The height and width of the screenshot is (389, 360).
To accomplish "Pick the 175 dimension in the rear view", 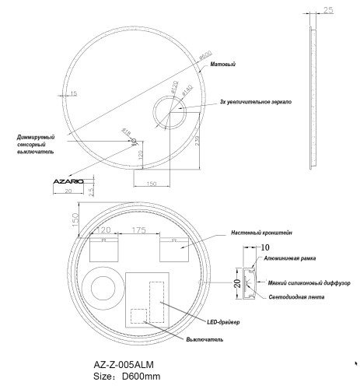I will (x=140, y=230).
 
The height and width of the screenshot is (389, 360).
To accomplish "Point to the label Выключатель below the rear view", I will (x=205, y=339).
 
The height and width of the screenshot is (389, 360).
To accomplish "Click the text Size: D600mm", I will (x=127, y=377).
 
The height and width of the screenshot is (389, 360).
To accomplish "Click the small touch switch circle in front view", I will (x=133, y=142).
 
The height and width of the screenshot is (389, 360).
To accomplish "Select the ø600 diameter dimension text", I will (x=204, y=55).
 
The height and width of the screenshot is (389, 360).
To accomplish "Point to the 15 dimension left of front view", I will (x=74, y=93).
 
